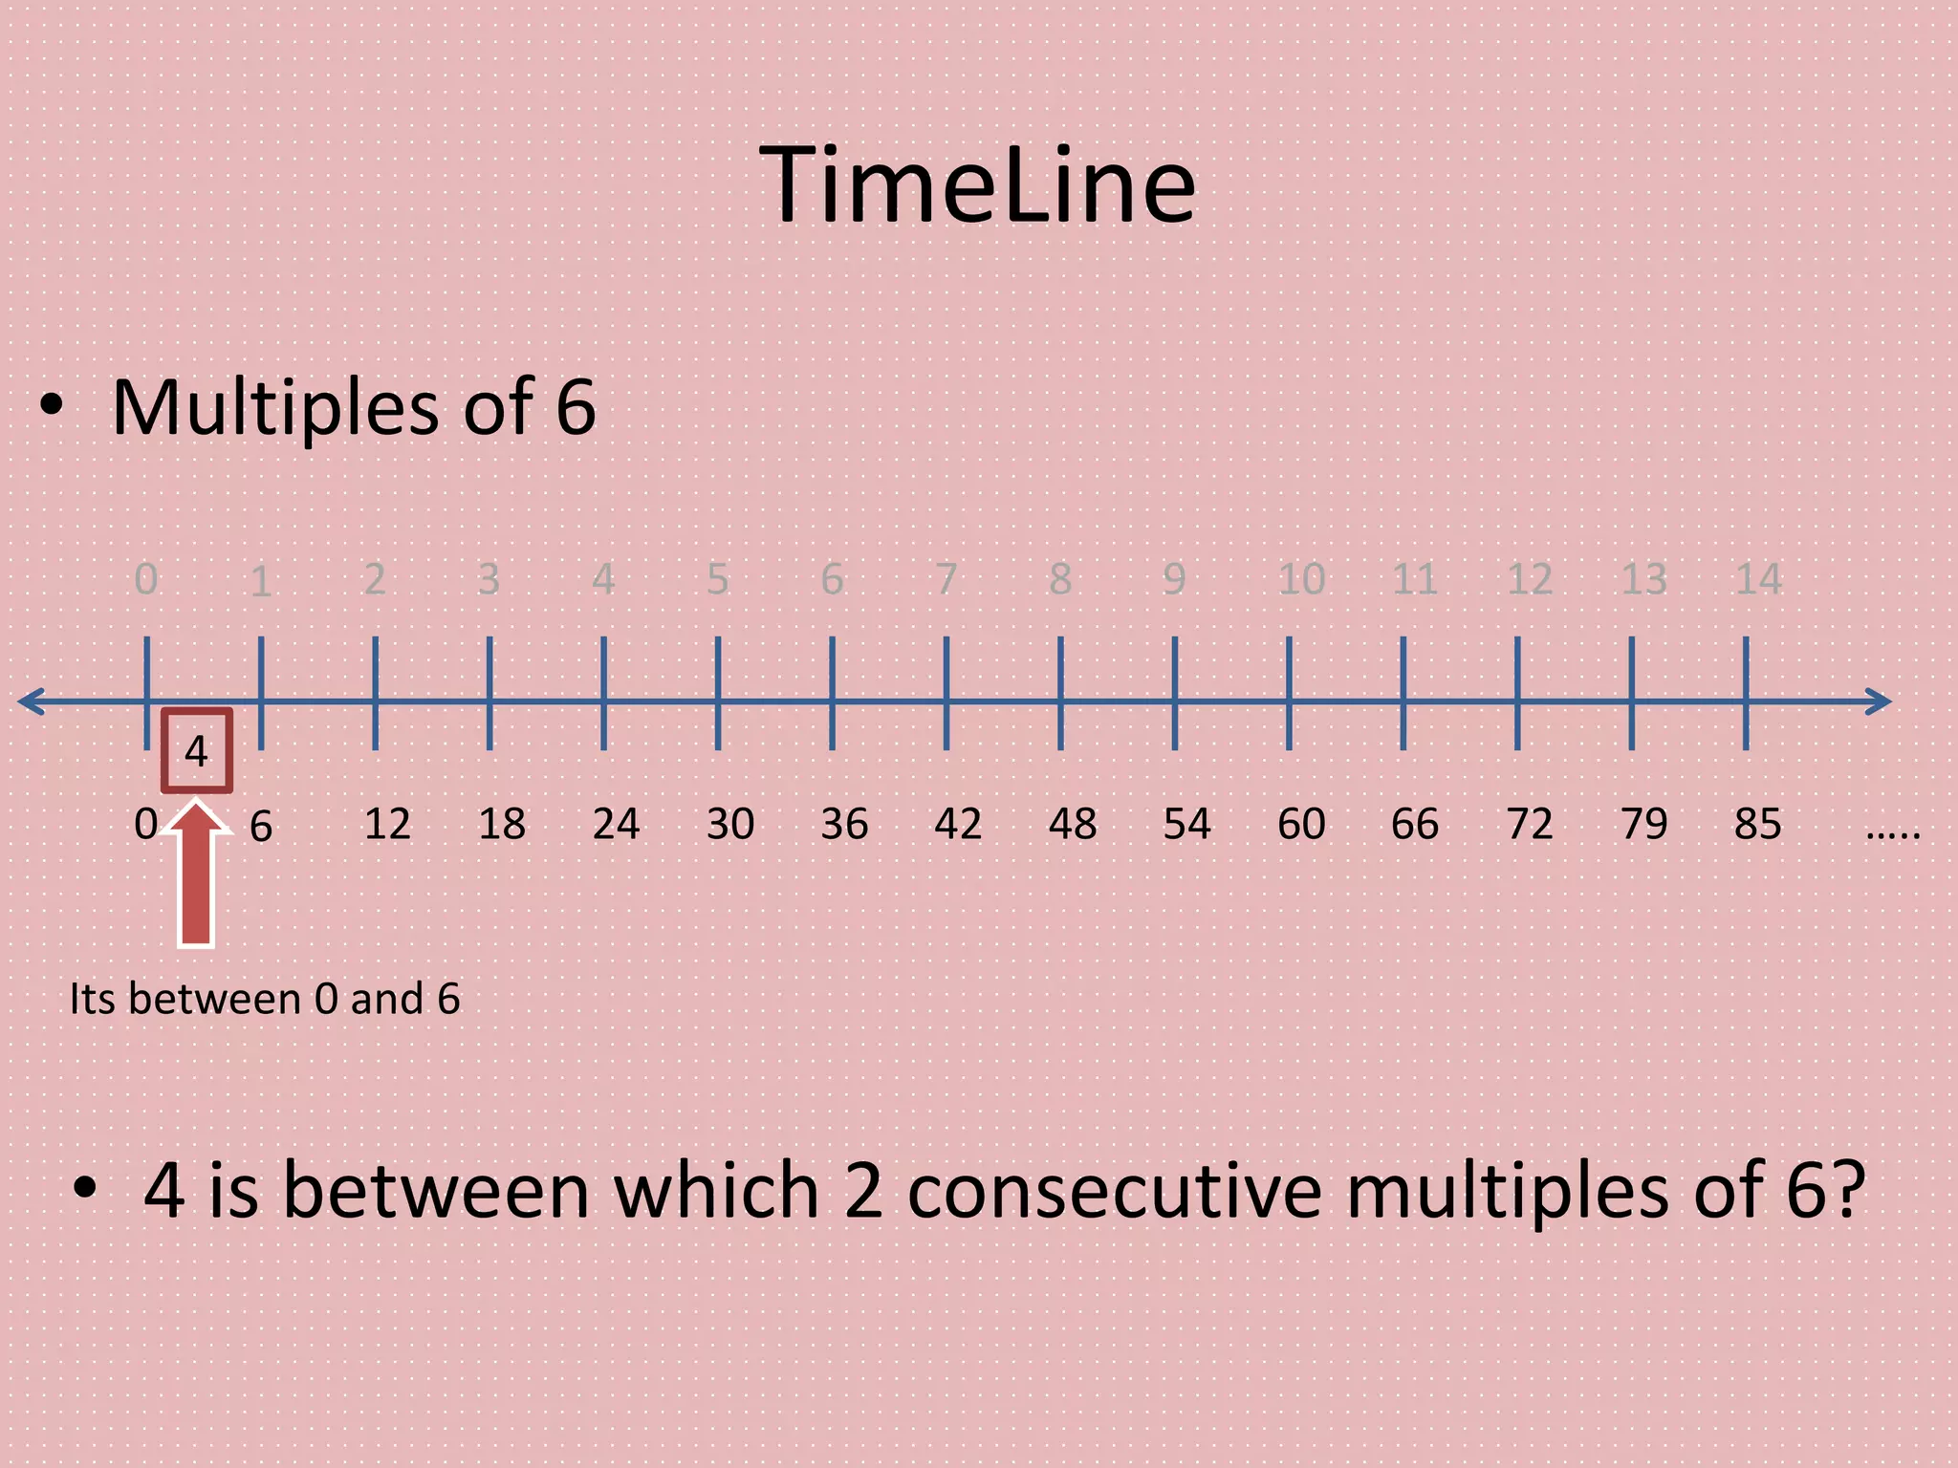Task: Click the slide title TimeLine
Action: [x=977, y=185]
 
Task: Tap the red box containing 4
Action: [x=196, y=751]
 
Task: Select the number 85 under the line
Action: [x=1757, y=824]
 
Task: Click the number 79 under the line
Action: [x=1643, y=824]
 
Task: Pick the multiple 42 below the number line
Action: [x=958, y=824]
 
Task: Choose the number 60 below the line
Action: [x=1301, y=824]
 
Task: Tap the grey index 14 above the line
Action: [x=1758, y=579]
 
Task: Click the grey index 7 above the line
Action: [x=946, y=579]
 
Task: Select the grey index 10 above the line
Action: [x=1301, y=579]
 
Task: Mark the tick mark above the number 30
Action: [x=718, y=694]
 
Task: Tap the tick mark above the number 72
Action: [x=1517, y=694]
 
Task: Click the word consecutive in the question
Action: [x=1114, y=1191]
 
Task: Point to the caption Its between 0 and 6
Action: [x=265, y=1000]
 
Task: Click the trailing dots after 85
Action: [x=1892, y=834]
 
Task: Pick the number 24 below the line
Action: [x=616, y=824]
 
